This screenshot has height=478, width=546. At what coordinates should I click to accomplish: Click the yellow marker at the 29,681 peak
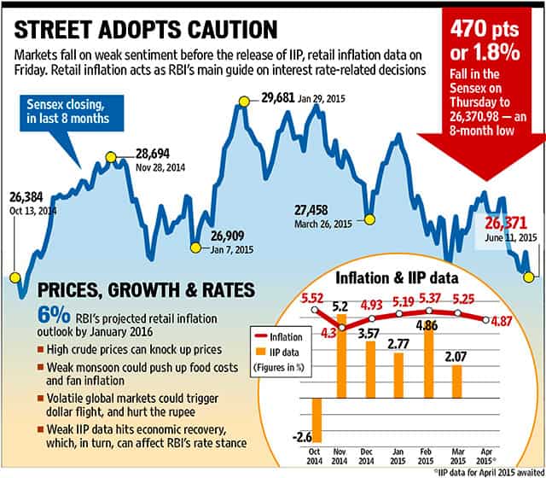244,102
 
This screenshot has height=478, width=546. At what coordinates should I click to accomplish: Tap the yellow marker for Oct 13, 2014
14,277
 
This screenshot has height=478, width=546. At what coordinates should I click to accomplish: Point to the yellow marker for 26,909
195,248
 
